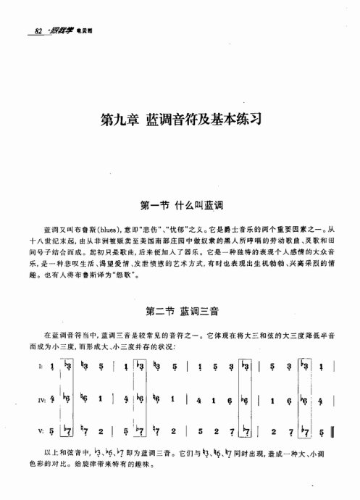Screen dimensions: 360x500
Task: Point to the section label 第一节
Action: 159,205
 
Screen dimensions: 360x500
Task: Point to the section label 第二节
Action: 159,313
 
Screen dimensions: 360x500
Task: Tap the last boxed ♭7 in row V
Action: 304,432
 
